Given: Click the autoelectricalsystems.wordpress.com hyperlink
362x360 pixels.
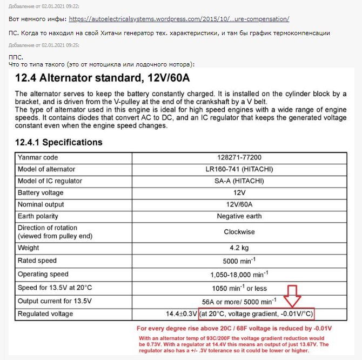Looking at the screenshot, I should point(179,19).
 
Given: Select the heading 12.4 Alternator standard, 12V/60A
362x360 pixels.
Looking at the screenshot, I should point(103,77).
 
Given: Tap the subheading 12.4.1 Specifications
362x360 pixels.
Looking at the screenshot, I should point(59,143).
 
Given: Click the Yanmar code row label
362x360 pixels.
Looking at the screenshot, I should point(38,157).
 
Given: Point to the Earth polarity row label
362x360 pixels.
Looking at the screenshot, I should point(41,216).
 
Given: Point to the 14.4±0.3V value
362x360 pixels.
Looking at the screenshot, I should point(182,314).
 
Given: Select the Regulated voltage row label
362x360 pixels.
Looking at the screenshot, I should point(45,314).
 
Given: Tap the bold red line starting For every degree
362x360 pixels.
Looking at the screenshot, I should point(234,328).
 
